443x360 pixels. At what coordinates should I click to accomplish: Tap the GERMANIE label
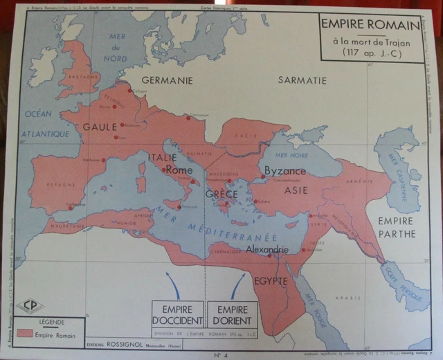coord(167,80)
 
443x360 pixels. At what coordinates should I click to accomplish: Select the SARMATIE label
coord(302,80)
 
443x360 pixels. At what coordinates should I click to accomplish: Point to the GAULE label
coord(100,127)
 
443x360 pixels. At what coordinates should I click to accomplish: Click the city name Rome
coord(179,170)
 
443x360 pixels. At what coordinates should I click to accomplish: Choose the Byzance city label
coord(284,170)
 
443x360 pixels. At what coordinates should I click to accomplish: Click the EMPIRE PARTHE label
coord(396,228)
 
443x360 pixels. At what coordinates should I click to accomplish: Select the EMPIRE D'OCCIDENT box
coord(178,314)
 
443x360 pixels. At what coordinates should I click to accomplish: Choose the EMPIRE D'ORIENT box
coord(232,314)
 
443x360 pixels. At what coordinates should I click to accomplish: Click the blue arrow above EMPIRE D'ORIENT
coord(237,285)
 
